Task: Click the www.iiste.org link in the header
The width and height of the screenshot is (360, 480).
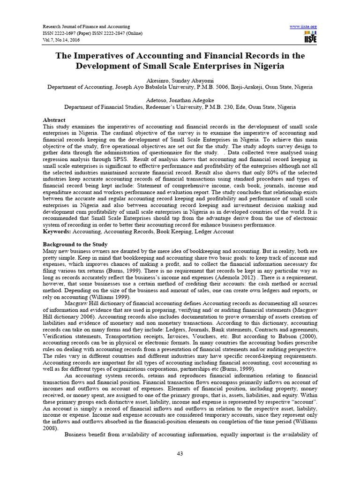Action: pos(303,26)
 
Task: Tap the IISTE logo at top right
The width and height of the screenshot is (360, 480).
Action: pos(310,37)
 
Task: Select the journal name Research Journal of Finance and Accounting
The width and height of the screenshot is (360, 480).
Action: pos(86,26)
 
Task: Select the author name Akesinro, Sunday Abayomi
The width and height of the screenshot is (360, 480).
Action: pos(180,81)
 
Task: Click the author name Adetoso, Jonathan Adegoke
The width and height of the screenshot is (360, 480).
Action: pos(180,100)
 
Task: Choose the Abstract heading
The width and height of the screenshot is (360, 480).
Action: pos(54,120)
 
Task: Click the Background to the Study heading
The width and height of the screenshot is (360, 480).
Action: pos(75,245)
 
